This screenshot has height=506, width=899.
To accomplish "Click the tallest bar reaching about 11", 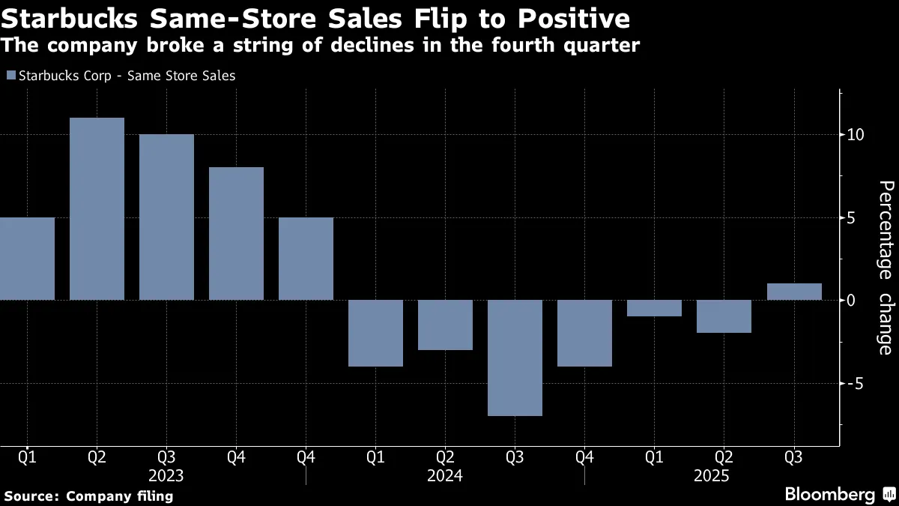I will [x=97, y=208].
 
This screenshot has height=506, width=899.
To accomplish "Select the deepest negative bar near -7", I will [x=515, y=358].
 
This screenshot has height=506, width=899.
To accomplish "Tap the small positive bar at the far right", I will [x=794, y=292].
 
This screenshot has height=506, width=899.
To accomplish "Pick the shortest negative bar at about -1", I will [x=654, y=308].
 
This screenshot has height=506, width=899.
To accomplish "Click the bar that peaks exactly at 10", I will [x=166, y=217].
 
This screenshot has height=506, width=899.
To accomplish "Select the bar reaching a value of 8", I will [x=236, y=233].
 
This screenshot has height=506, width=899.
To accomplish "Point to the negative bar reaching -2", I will [x=724, y=316].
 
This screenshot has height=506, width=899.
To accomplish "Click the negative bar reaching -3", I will [x=445, y=325].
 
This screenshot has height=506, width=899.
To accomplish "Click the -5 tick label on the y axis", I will [x=856, y=383].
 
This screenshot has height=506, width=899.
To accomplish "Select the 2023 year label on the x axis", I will [x=166, y=475].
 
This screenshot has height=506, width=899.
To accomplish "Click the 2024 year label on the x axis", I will [x=445, y=475].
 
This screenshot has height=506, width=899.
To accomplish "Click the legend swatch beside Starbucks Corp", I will [x=10, y=75].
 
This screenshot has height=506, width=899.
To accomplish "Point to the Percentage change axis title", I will [x=885, y=267].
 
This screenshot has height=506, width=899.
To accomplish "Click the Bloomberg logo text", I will [x=829, y=495].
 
